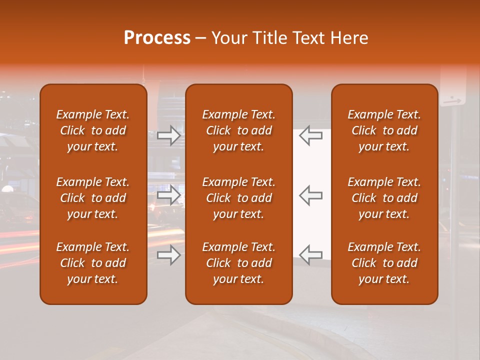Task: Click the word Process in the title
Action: [x=157, y=38]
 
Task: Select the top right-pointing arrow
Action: [x=169, y=136]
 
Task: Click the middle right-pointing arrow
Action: [x=169, y=195]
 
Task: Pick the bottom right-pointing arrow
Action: [x=169, y=255]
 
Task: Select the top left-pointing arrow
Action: [x=310, y=136]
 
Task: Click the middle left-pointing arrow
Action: [x=310, y=195]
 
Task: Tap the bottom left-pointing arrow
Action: [x=310, y=255]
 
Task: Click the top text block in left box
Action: [x=93, y=130]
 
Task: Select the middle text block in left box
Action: [x=93, y=198]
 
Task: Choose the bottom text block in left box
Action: [x=93, y=263]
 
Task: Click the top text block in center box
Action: [x=238, y=130]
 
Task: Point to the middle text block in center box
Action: [x=238, y=198]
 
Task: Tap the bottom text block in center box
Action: [x=238, y=263]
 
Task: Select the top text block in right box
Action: [x=384, y=130]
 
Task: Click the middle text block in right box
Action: [x=384, y=198]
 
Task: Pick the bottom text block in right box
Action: [x=384, y=263]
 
